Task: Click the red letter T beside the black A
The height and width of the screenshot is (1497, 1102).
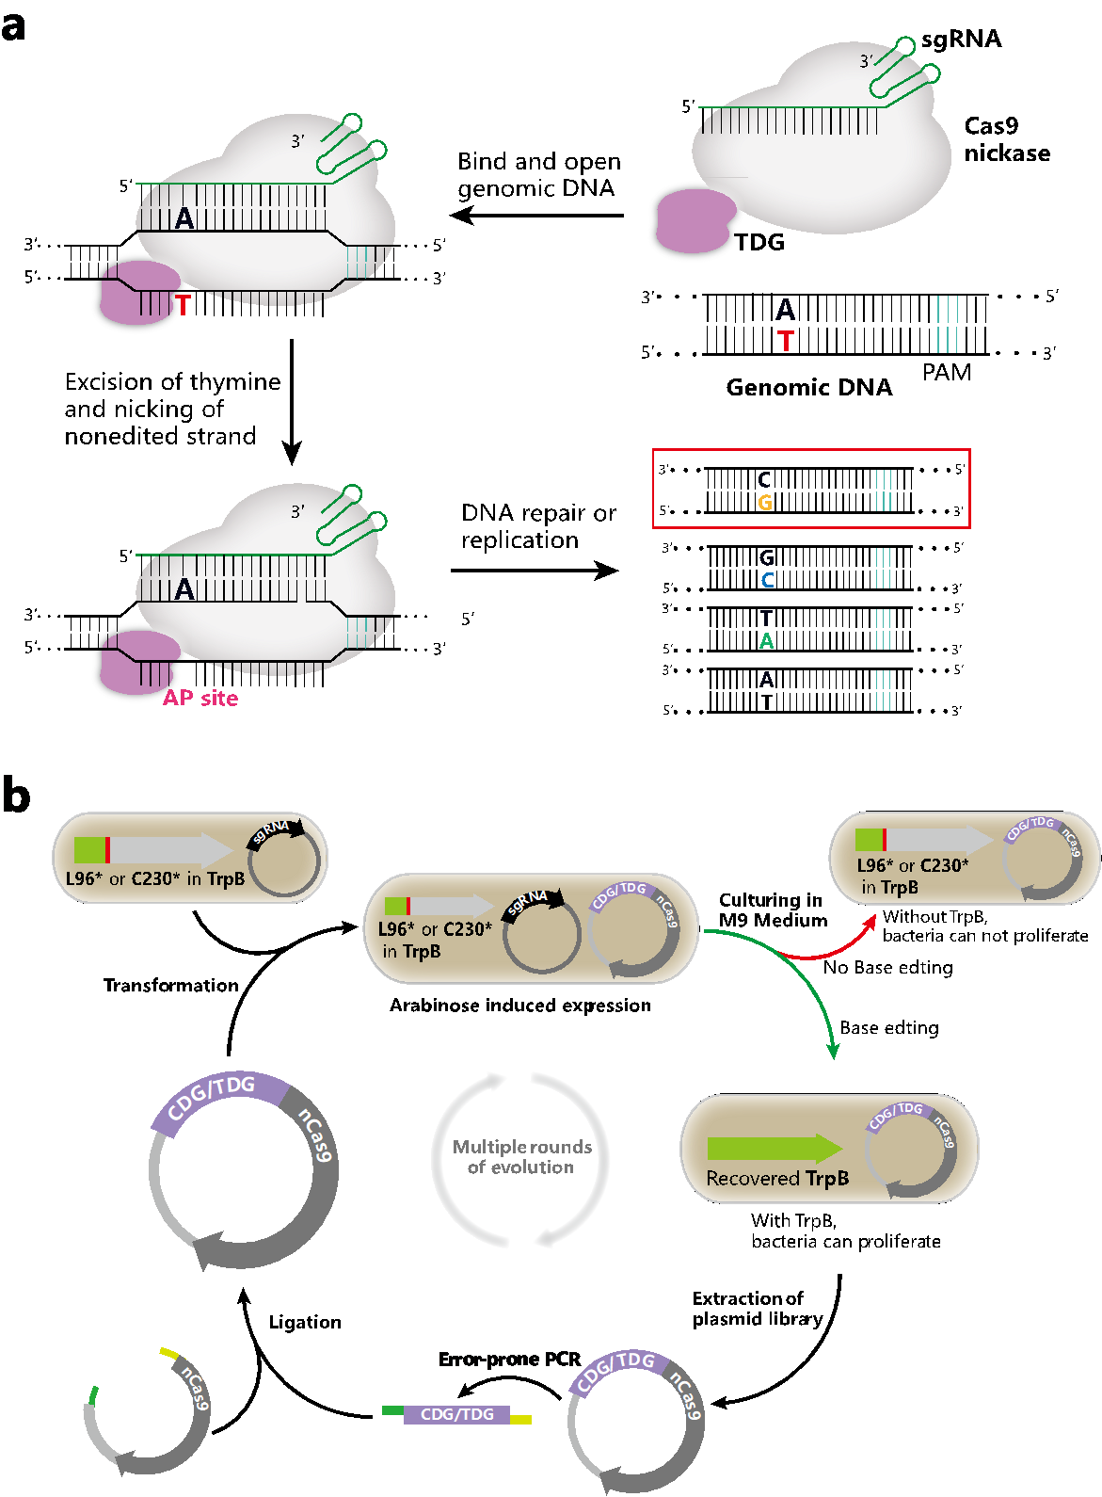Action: click(x=183, y=305)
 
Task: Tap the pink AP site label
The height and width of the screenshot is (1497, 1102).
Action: click(x=200, y=698)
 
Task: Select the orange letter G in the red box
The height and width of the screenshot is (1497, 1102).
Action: click(x=765, y=503)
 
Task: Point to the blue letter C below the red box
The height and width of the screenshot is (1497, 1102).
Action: click(x=767, y=581)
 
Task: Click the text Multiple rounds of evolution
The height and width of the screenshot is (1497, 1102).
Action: click(x=521, y=1157)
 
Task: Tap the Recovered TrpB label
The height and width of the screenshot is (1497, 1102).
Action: click(x=777, y=1179)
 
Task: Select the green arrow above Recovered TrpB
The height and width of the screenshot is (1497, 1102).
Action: click(x=774, y=1148)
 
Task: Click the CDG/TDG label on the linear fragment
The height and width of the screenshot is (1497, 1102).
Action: click(x=456, y=1414)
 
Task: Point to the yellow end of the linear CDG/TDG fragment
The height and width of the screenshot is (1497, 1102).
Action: click(x=520, y=1419)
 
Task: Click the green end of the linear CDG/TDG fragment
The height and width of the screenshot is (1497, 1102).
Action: click(x=392, y=1410)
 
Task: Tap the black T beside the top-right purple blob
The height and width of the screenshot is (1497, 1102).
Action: click(x=741, y=243)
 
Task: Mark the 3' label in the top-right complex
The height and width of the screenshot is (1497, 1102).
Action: click(x=866, y=61)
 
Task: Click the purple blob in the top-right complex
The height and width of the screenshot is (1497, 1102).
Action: click(x=695, y=221)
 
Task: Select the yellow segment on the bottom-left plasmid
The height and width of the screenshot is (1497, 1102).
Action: click(x=169, y=1353)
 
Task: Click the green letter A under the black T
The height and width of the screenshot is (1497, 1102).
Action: click(x=766, y=641)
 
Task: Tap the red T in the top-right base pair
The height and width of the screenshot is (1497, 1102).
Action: click(x=786, y=341)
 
